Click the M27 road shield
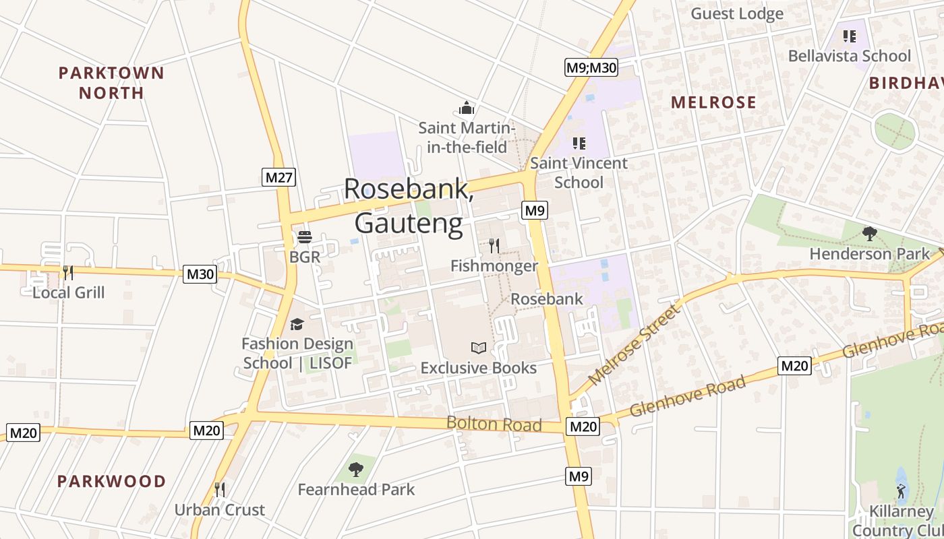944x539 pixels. (279, 177)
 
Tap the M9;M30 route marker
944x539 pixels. (591, 67)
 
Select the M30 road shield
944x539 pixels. (200, 274)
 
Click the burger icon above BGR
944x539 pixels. (305, 237)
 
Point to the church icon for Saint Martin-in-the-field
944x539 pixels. (467, 108)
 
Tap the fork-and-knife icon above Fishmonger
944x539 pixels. (494, 246)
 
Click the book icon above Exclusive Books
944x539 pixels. (479, 348)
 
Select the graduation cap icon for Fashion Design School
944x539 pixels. (297, 325)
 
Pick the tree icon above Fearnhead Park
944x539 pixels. (356, 469)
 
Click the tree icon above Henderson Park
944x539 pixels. (869, 234)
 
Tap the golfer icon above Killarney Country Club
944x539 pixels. (901, 490)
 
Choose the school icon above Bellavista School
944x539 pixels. (850, 36)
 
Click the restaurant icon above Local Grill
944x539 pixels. (68, 272)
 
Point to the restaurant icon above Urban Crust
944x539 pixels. (219, 489)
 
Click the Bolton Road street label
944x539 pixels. (494, 424)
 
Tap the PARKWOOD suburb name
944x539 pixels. (111, 481)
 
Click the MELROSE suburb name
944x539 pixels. (714, 102)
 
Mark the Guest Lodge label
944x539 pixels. (737, 13)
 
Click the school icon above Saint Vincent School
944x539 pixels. (579, 143)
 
